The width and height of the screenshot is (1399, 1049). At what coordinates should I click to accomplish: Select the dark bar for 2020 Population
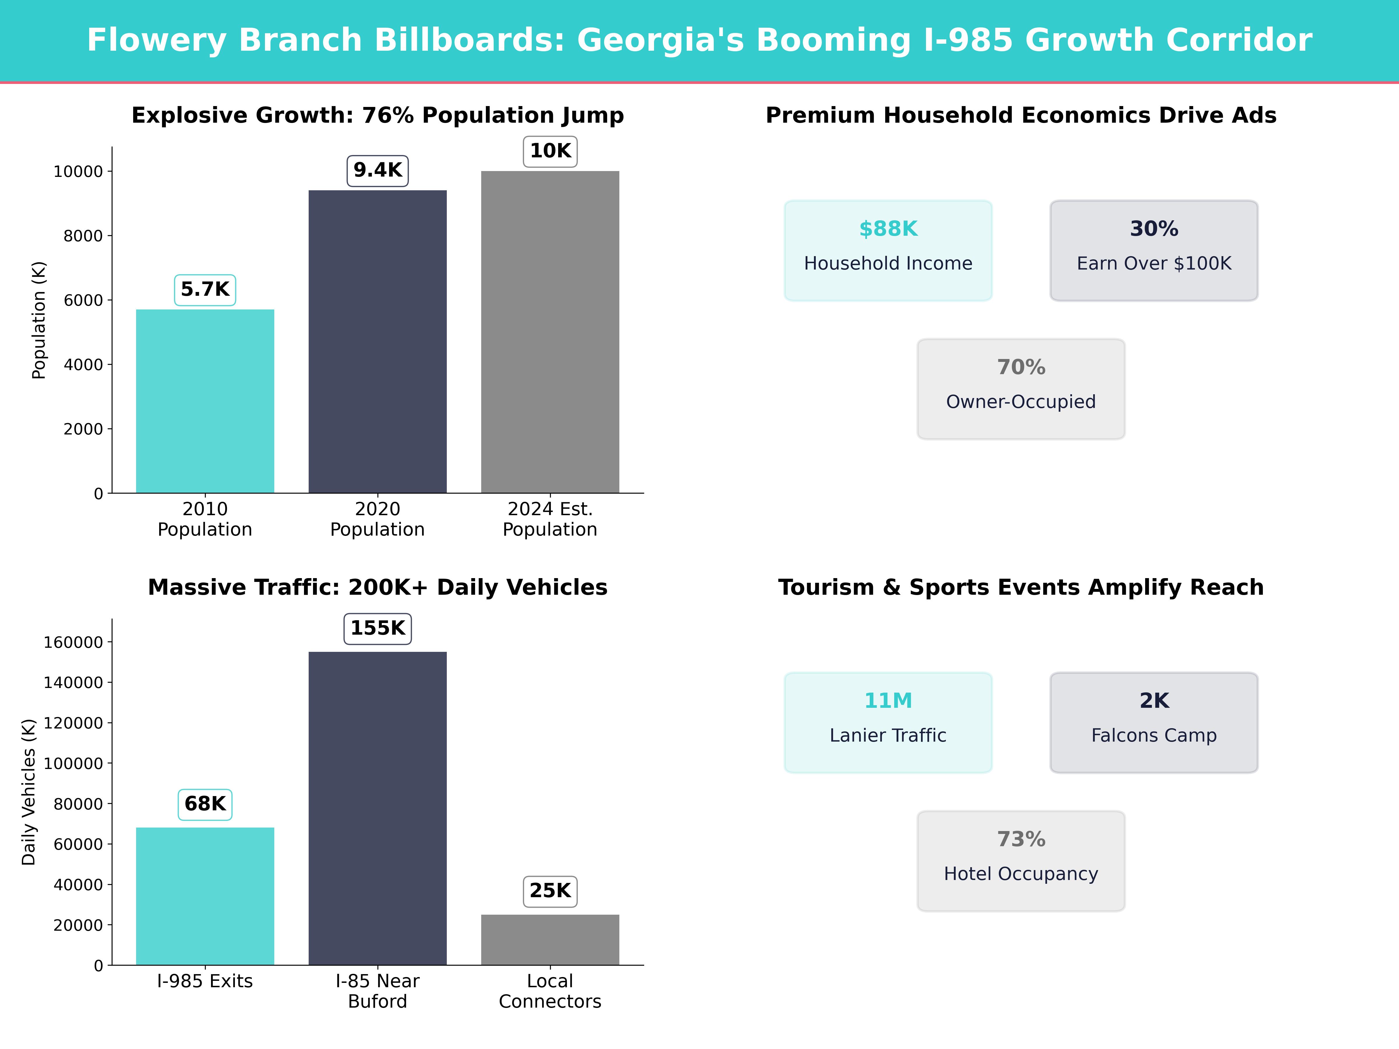tap(377, 342)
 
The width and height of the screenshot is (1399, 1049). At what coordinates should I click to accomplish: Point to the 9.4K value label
tap(377, 171)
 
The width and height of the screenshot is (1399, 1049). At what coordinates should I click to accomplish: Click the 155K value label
tap(377, 629)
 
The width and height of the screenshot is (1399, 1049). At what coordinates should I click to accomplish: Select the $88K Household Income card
tap(888, 250)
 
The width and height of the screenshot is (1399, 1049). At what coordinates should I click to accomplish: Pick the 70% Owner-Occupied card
tap(1021, 389)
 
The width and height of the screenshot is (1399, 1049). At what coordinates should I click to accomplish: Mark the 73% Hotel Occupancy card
tap(1021, 861)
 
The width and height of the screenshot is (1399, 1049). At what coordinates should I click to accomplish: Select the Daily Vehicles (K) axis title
tap(29, 792)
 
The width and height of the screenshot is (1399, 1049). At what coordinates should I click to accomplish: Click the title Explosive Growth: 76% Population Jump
tap(377, 116)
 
